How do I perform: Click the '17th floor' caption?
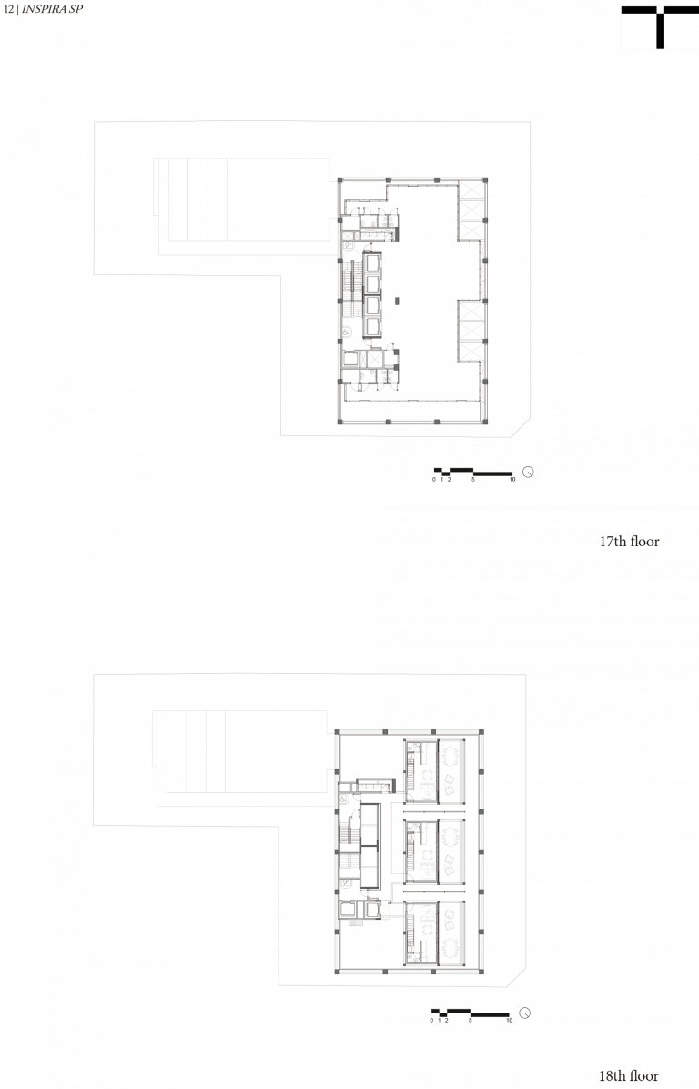pos(629,542)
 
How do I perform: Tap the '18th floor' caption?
pos(629,1076)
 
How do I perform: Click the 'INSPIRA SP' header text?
pos(52,10)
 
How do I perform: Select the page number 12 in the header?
pos(8,10)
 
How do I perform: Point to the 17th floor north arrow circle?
pos(528,473)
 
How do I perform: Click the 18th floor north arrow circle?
pos(525,1013)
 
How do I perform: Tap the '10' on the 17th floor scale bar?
pos(512,480)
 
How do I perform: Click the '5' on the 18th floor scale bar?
pos(470,1020)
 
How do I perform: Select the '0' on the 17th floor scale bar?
pos(434,480)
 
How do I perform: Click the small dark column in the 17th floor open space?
pos(396,300)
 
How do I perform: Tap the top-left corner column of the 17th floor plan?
pos(340,180)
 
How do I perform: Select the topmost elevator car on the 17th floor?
pos(373,262)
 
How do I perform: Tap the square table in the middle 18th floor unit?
pos(449,865)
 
